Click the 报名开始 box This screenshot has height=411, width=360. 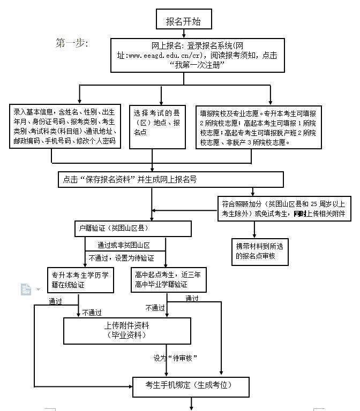pos(184,19)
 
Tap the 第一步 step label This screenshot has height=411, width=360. pos(72,43)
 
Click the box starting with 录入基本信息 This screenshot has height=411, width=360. pos(65,126)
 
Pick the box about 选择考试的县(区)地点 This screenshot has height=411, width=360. pos(157,127)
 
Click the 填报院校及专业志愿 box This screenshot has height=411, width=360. pos(259,127)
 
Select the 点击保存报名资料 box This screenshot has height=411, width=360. pos(171,180)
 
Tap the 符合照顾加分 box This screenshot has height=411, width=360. pos(284,209)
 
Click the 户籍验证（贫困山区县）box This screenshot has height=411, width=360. pos(133,229)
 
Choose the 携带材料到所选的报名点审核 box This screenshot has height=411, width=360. pos(260,252)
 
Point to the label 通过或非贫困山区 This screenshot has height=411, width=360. pos(124,245)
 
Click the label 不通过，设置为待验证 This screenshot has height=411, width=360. pos(121,258)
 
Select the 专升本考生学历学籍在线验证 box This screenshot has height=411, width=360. pos(80,280)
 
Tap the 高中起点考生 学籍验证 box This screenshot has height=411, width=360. pos(169,280)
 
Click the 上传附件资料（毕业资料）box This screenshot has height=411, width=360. pos(127,331)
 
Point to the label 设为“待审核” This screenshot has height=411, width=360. pos(175,358)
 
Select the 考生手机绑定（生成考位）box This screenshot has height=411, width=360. pos(191,387)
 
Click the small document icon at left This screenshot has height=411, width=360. pos(26,290)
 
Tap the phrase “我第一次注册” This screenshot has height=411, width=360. pos(197,65)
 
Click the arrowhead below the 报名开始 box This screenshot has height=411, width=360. pos(184,36)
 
